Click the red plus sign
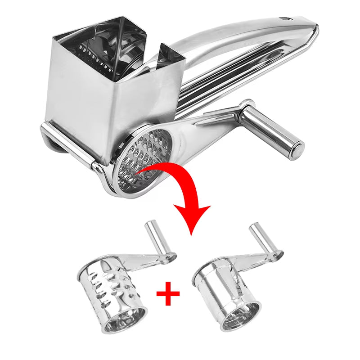(x=168, y=294)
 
